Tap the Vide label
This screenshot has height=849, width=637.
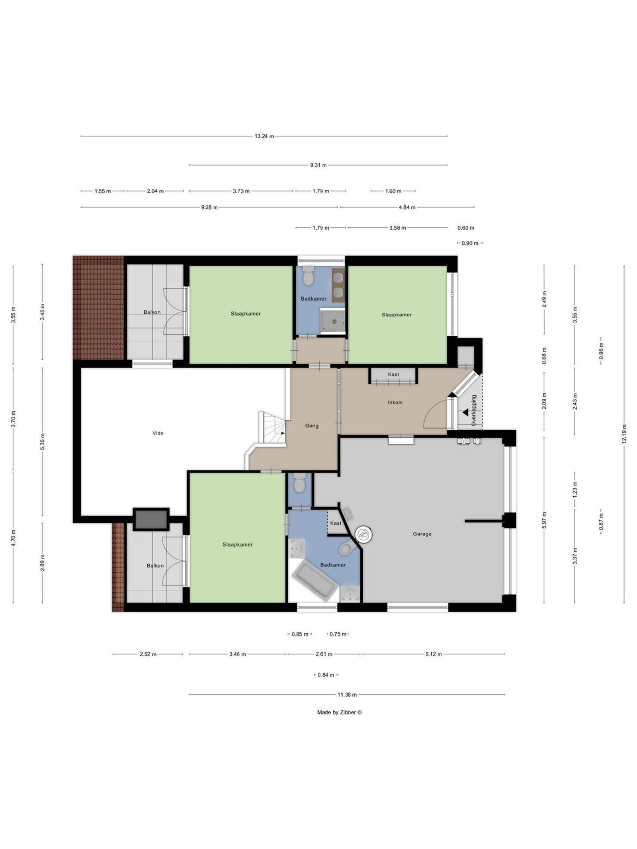(x=158, y=433)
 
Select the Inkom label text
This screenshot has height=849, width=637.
(x=395, y=402)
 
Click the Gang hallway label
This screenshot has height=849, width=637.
(x=312, y=425)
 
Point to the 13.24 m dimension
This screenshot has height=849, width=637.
(x=264, y=136)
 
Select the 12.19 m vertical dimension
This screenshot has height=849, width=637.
(x=624, y=433)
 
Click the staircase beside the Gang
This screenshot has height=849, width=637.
(x=272, y=428)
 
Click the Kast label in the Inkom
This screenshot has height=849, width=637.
(x=393, y=374)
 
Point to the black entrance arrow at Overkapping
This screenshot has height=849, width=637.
(x=465, y=413)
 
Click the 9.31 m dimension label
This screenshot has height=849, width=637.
(x=318, y=165)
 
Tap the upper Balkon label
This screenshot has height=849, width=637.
(x=152, y=312)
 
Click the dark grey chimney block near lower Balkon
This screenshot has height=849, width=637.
(x=151, y=519)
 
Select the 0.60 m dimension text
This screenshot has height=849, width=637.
(x=466, y=228)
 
